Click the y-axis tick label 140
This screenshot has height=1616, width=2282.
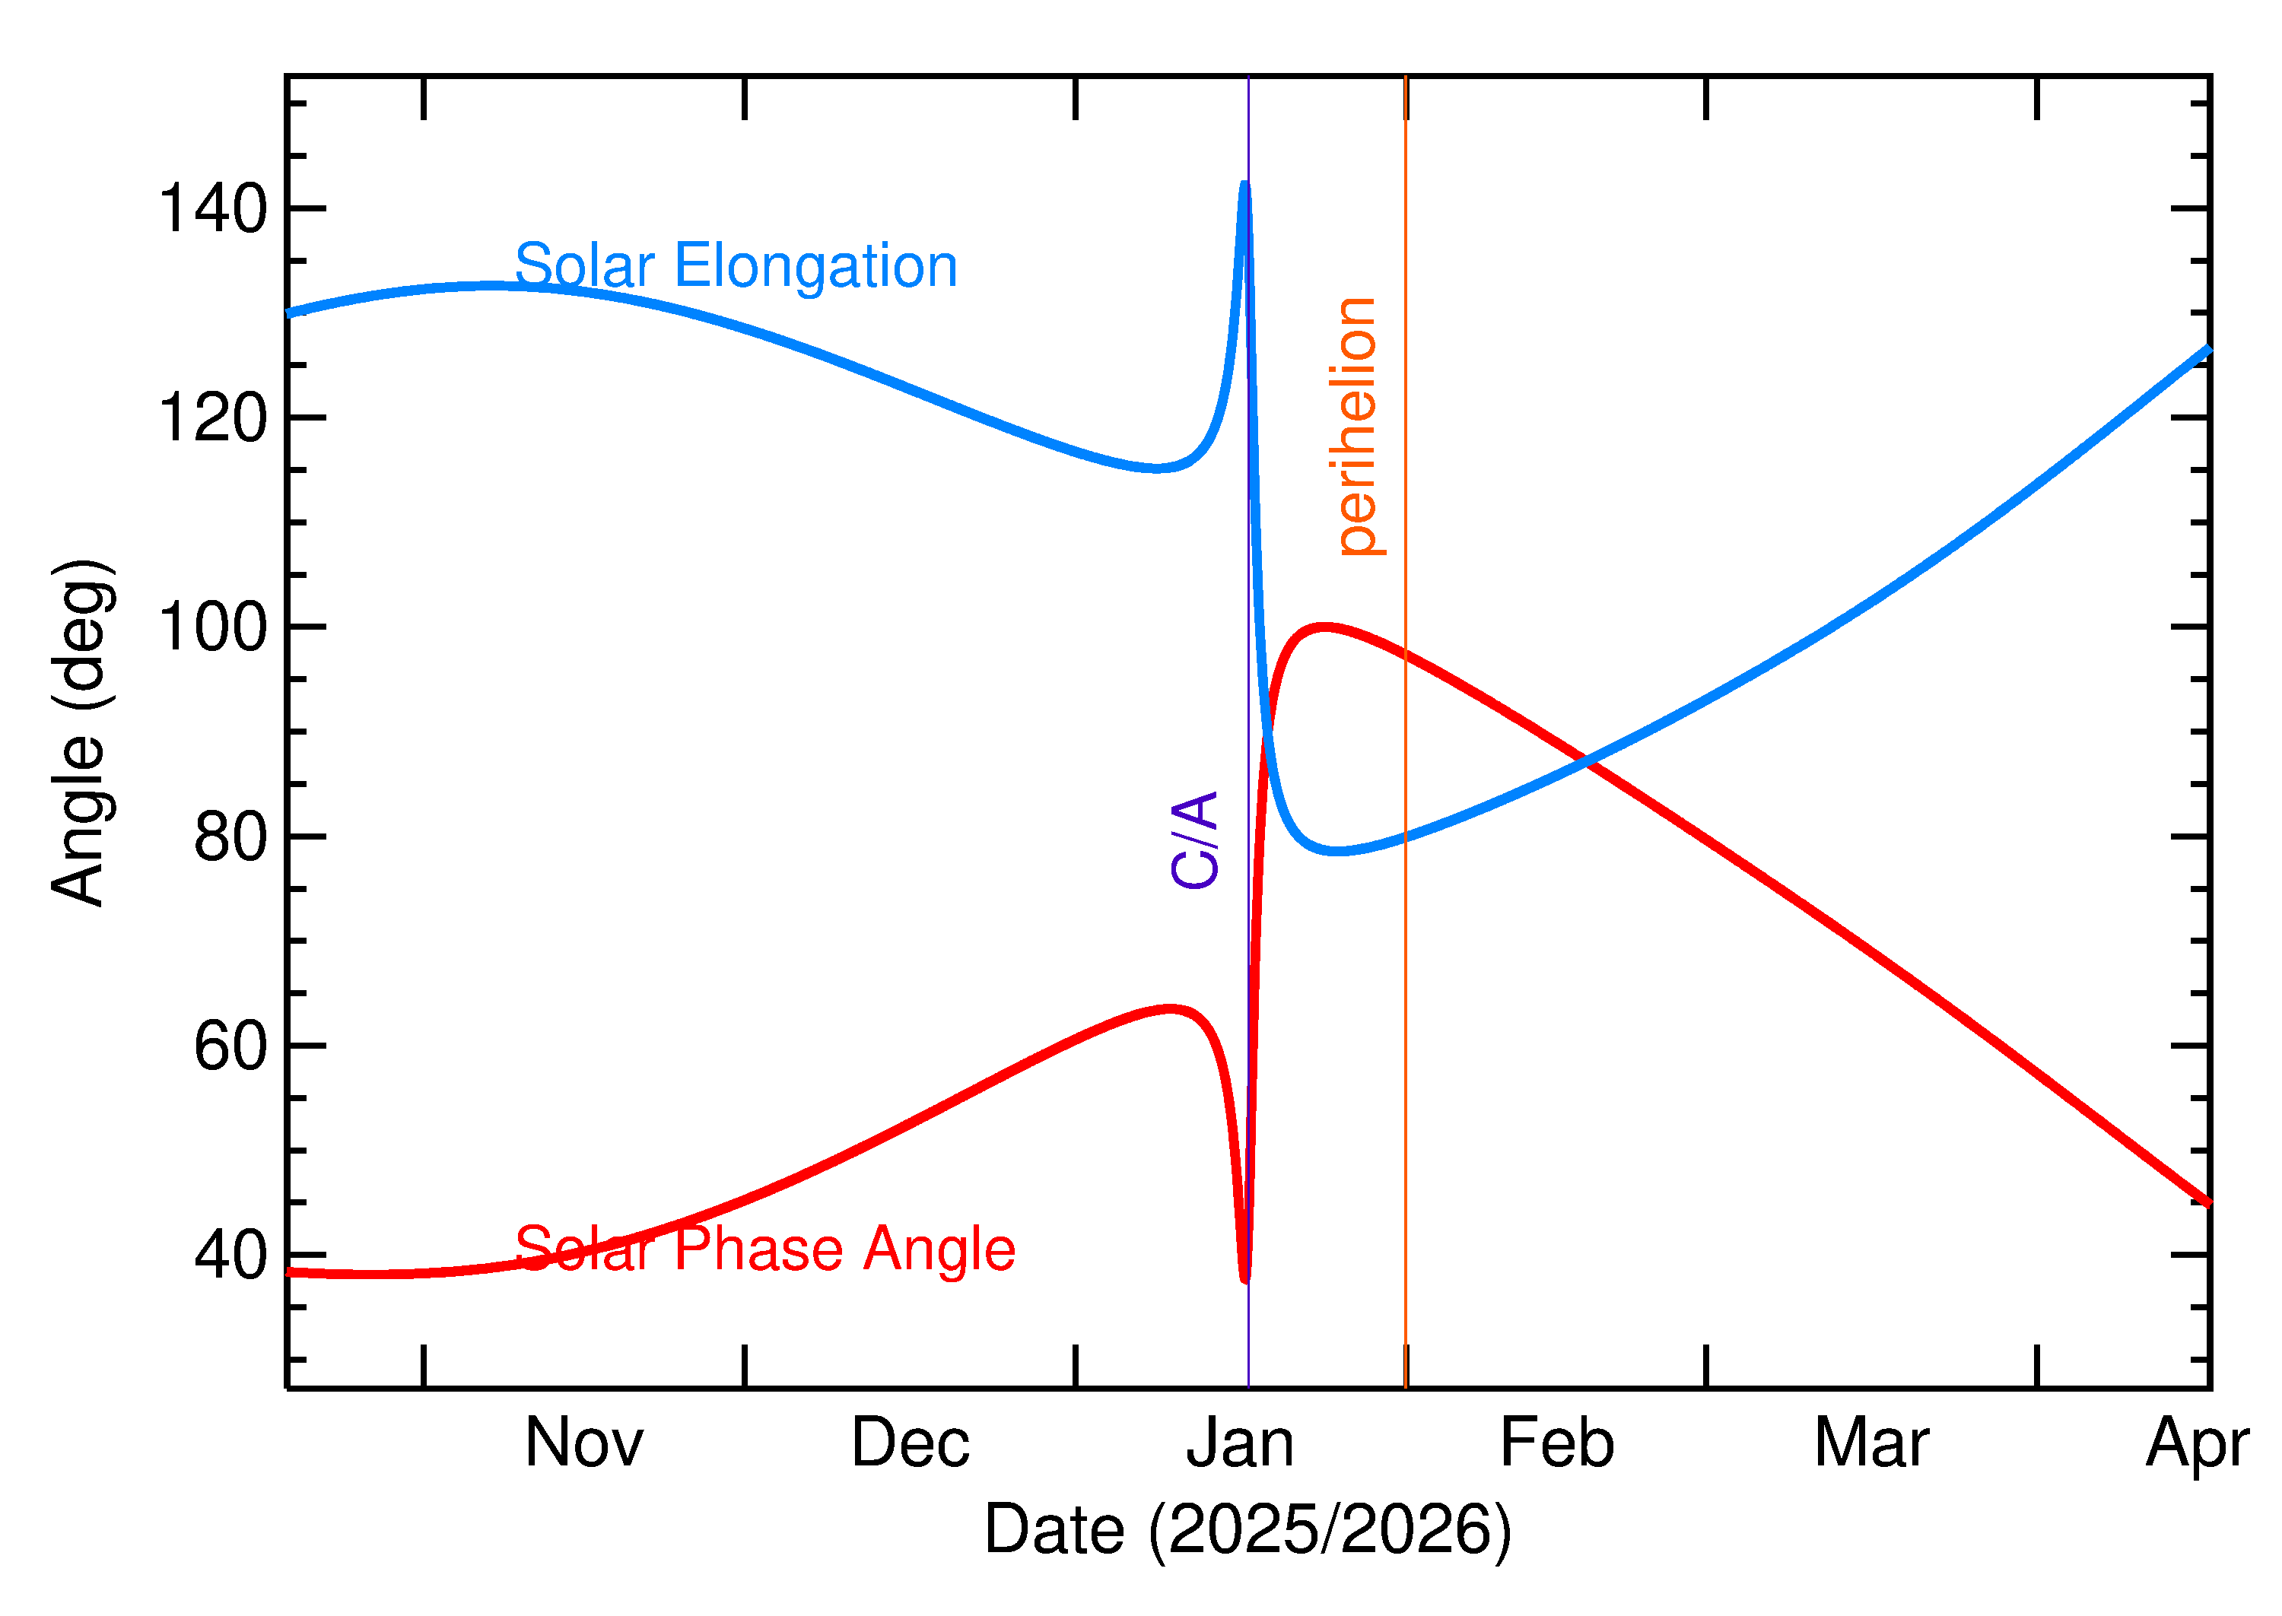pyautogui.click(x=213, y=209)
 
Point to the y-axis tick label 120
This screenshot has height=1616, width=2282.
pyautogui.click(x=213, y=418)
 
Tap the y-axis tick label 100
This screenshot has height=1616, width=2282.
pyautogui.click(x=213, y=628)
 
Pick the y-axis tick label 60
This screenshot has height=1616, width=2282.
pyautogui.click(x=231, y=1047)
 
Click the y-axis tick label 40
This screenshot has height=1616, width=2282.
pyautogui.click(x=231, y=1256)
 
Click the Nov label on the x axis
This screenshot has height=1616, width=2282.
pyautogui.click(x=584, y=1444)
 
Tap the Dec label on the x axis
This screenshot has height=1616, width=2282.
pyautogui.click(x=910, y=1444)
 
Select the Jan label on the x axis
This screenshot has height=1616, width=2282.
pyautogui.click(x=1240, y=1444)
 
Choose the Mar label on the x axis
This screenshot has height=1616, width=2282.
pyautogui.click(x=1871, y=1444)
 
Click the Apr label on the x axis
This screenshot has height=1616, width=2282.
pyautogui.click(x=2196, y=1446)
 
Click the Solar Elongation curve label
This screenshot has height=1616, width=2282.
pyautogui.click(x=736, y=267)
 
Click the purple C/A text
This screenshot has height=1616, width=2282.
pyautogui.click(x=1195, y=840)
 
